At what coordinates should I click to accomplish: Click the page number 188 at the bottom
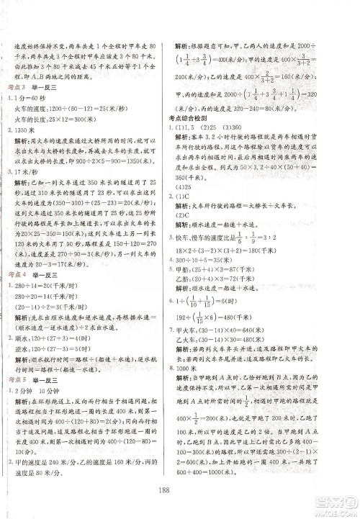(x=180, y=492)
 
